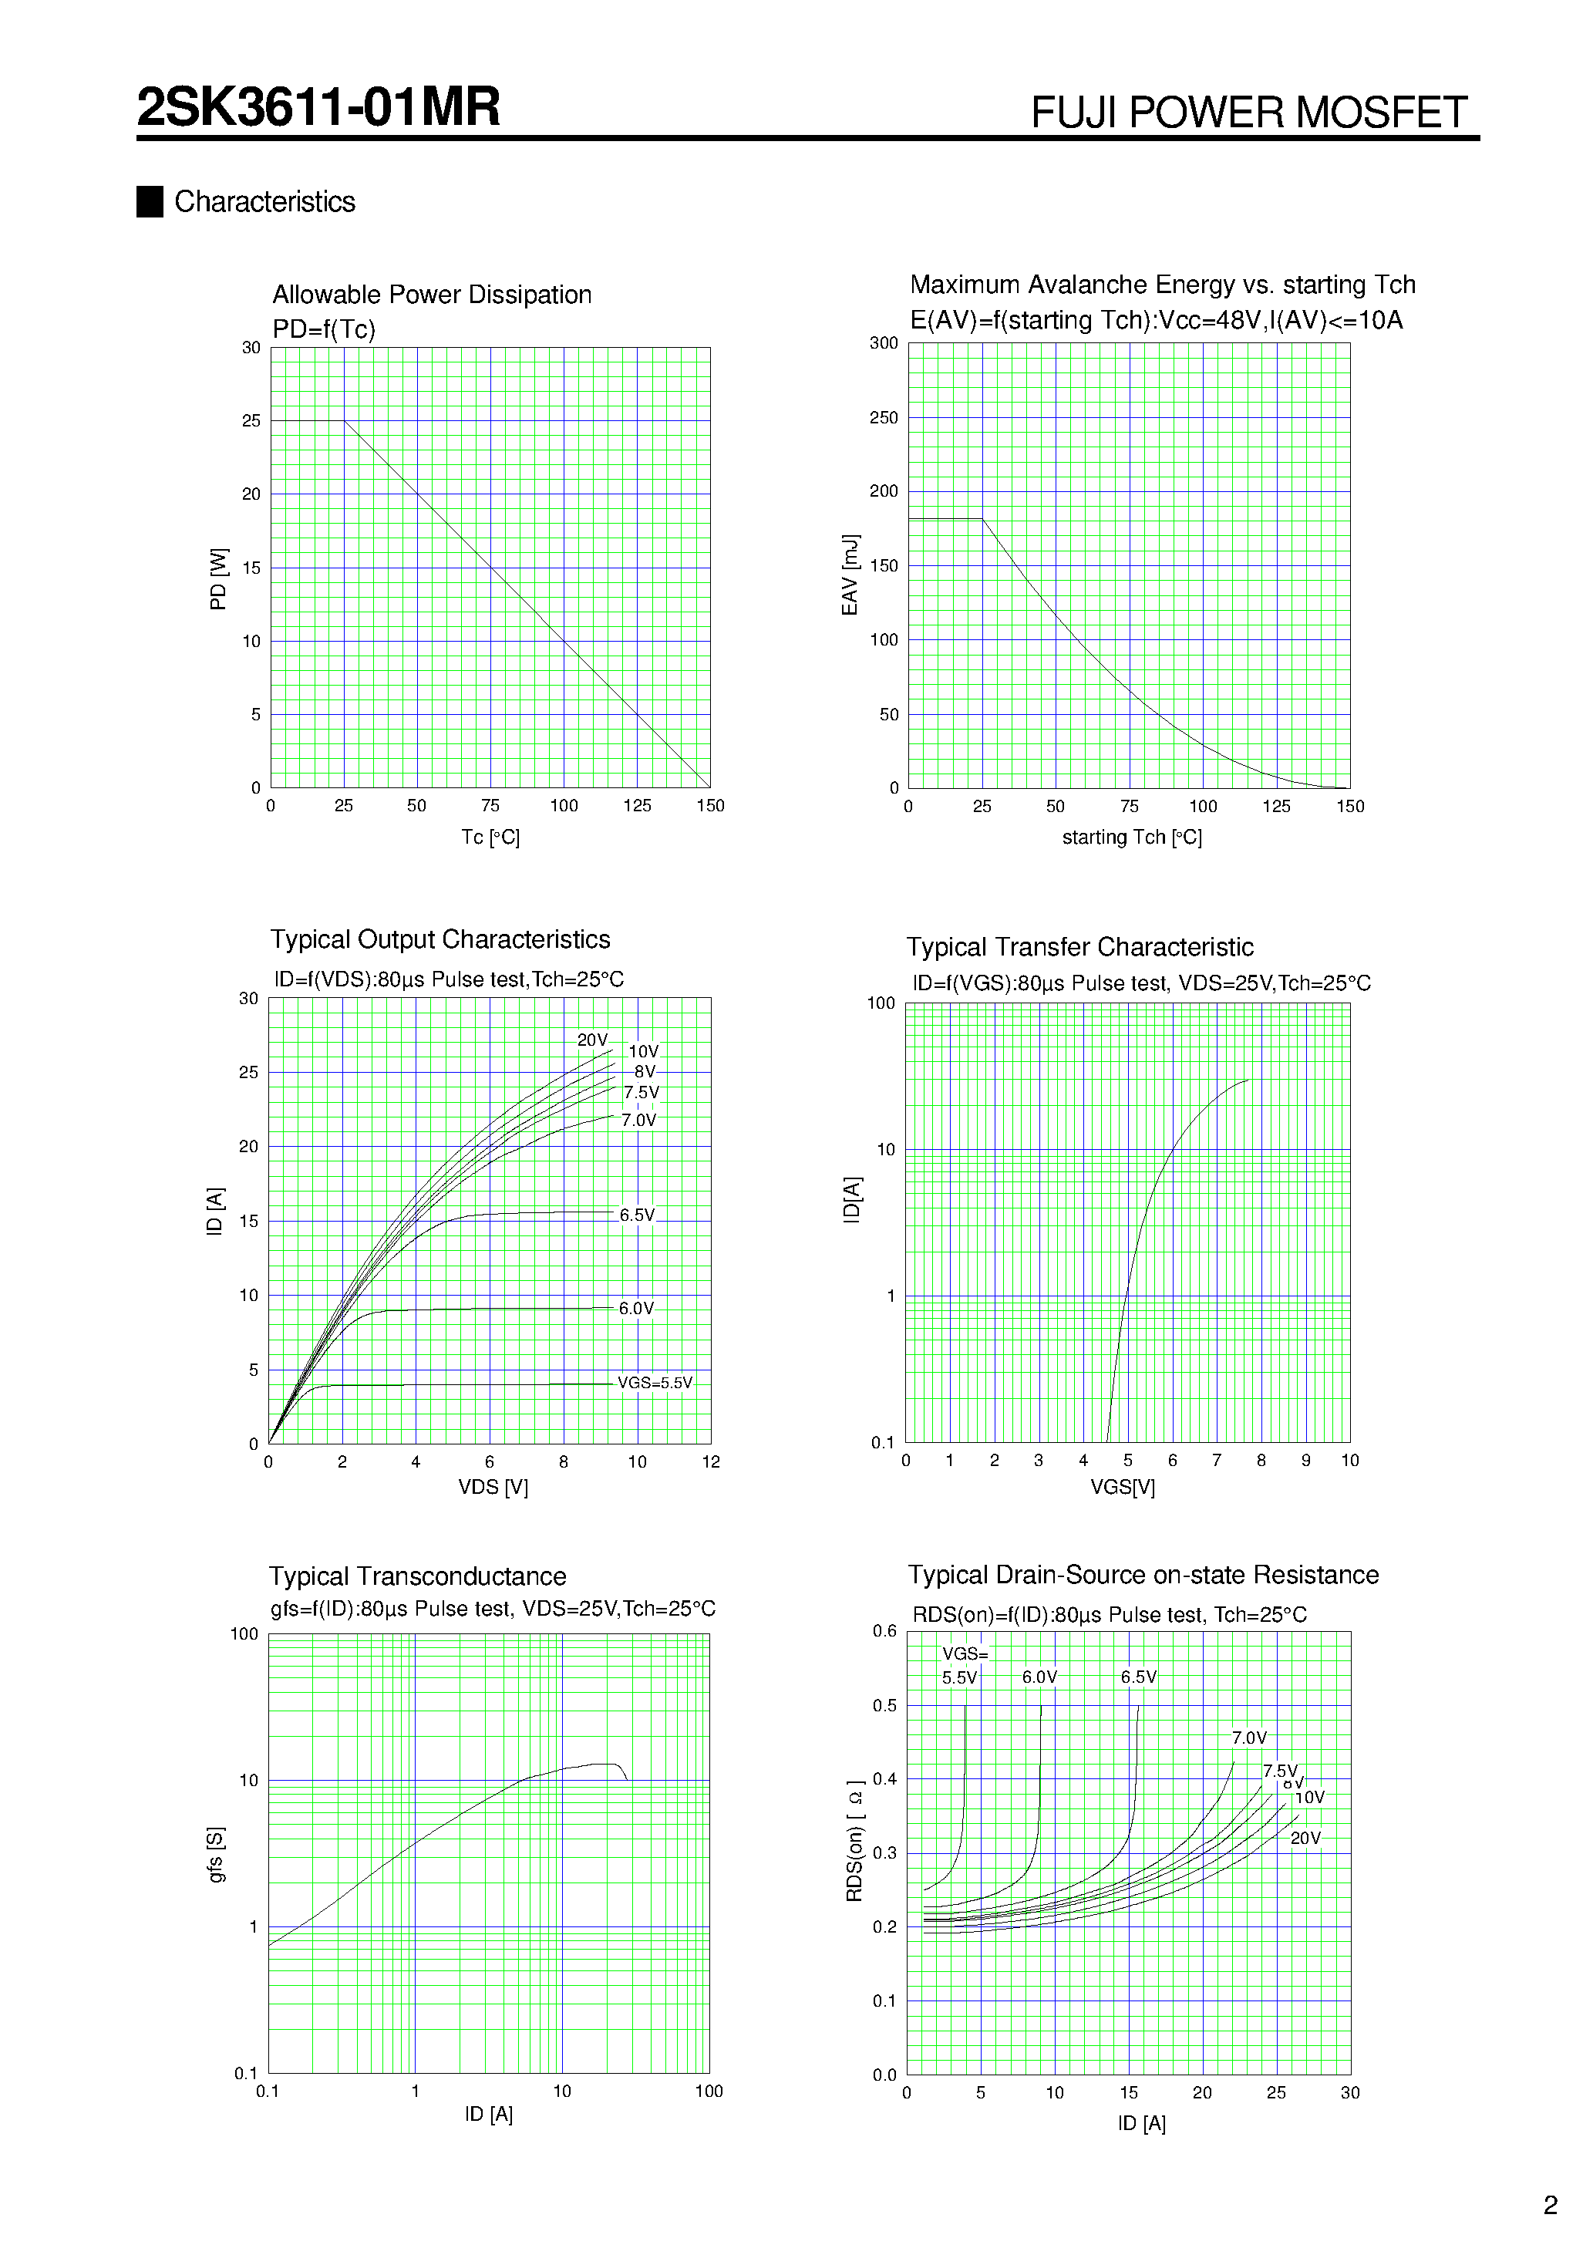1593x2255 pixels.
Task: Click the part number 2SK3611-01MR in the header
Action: pyautogui.click(x=318, y=107)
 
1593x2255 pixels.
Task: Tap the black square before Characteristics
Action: pyautogui.click(x=150, y=201)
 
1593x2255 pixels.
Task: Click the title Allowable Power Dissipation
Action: pyautogui.click(x=431, y=295)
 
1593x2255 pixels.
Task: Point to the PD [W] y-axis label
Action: pyautogui.click(x=218, y=578)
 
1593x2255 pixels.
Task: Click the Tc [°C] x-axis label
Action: pyautogui.click(x=490, y=837)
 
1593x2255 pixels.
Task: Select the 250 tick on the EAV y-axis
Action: pyautogui.click(x=883, y=417)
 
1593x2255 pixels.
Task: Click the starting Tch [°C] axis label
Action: pyautogui.click(x=1131, y=837)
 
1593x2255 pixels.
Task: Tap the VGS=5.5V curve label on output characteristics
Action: pyautogui.click(x=654, y=1383)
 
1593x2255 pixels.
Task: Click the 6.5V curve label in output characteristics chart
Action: pyautogui.click(x=636, y=1215)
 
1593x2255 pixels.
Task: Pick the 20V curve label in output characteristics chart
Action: pyautogui.click(x=592, y=1039)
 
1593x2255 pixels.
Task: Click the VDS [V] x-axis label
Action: pyautogui.click(x=493, y=1487)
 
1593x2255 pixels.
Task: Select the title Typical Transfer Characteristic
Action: pyautogui.click(x=1079, y=947)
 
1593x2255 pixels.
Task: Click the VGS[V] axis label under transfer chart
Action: pyautogui.click(x=1122, y=1487)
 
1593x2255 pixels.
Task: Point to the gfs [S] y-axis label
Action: pyautogui.click(x=216, y=1854)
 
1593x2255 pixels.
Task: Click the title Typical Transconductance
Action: pyautogui.click(x=417, y=1576)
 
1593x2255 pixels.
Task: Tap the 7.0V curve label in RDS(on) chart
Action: pyautogui.click(x=1248, y=1738)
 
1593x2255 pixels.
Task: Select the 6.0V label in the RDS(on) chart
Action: pyautogui.click(x=1039, y=1677)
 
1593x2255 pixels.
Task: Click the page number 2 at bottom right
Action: pyautogui.click(x=1550, y=2205)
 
